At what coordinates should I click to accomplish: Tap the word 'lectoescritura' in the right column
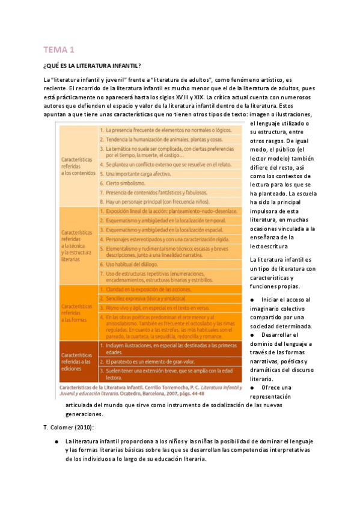point(270,246)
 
